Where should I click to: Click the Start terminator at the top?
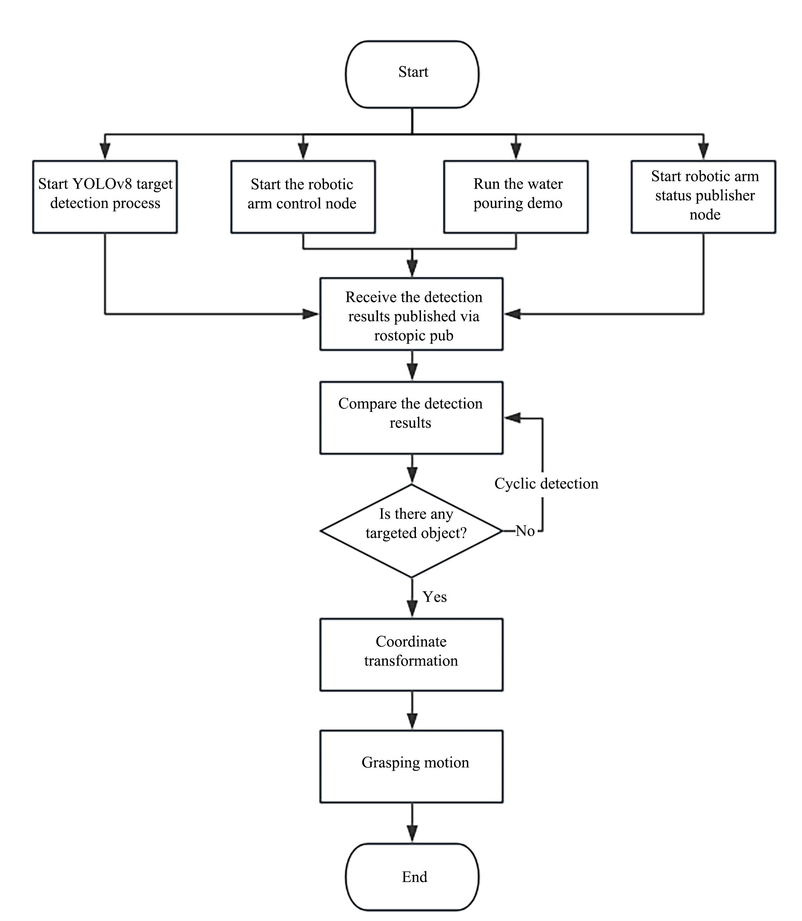click(412, 75)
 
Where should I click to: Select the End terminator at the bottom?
click(412, 876)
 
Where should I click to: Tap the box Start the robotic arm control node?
click(303, 197)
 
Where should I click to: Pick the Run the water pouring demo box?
click(516, 197)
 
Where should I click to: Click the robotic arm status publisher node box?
click(703, 197)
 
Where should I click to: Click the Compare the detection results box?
click(411, 417)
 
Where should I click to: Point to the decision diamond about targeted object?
click(411, 531)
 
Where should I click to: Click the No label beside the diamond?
click(525, 531)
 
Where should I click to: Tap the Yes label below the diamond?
click(435, 597)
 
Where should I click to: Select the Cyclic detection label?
click(546, 484)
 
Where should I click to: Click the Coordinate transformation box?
click(411, 654)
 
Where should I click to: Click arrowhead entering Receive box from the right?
click(513, 314)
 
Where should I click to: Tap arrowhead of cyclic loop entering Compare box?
click(513, 418)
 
